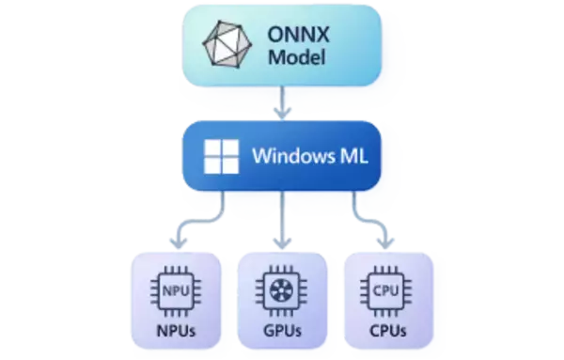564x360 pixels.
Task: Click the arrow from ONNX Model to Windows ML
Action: [x=282, y=109]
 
